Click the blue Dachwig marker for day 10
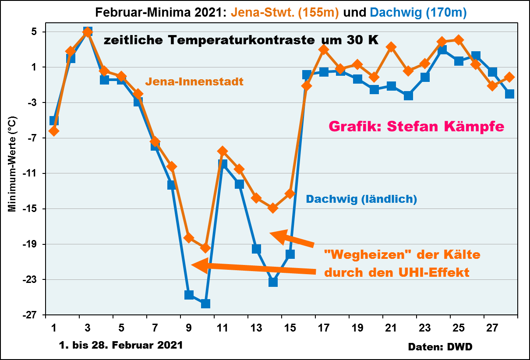205,304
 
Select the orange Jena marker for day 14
273,208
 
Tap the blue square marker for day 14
273,282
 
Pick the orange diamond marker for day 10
205,248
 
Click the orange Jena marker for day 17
324,49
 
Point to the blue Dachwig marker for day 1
54,121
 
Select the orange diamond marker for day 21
391,47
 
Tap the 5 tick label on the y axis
39,32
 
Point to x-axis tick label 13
256,328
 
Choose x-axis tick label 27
492,328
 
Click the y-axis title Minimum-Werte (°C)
14,164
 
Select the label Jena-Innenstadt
194,81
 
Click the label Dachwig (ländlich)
361,199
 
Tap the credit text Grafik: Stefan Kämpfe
416,127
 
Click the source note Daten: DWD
440,346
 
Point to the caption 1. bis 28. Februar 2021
120,345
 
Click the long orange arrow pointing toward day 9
254,268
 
